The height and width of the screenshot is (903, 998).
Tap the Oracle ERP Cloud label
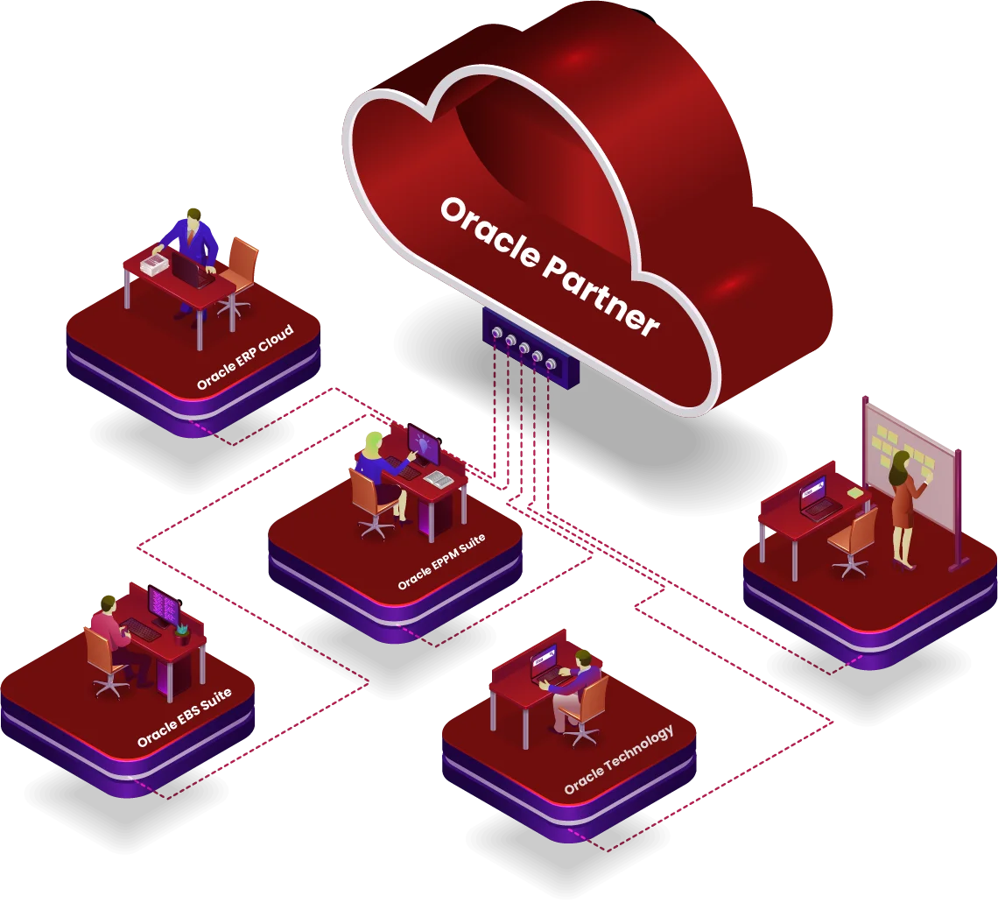tap(244, 357)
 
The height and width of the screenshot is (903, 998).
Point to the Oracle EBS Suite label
tap(184, 718)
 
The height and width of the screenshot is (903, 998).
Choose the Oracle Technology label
tap(619, 759)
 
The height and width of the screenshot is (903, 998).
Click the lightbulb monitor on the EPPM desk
tap(425, 447)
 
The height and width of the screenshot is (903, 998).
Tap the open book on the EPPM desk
tap(439, 478)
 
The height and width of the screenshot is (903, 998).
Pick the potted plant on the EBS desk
tap(182, 631)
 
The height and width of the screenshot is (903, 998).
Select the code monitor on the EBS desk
tap(163, 605)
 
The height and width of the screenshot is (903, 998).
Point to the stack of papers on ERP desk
tap(155, 263)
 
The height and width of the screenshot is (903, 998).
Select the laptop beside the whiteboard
tap(815, 499)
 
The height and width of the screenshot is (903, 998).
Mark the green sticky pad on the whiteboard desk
tap(854, 493)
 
